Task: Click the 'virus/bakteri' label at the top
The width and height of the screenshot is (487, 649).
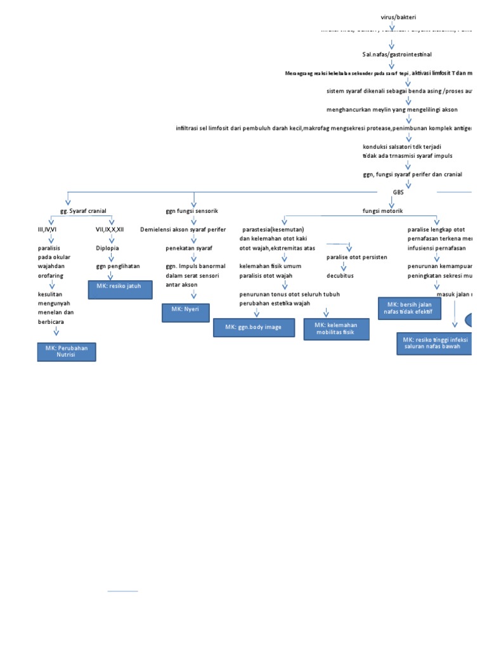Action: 398,17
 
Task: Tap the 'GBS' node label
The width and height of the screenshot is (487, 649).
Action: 398,191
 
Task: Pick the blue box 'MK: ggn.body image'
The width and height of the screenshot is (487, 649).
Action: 254,328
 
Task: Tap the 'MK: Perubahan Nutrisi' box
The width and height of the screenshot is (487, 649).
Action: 67,352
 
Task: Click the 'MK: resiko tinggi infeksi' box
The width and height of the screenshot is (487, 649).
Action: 435,344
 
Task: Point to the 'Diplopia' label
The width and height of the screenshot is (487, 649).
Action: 107,248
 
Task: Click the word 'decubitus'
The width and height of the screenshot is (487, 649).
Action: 340,276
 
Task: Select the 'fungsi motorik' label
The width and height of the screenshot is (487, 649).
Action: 382,210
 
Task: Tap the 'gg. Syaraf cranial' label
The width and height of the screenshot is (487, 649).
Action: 79,210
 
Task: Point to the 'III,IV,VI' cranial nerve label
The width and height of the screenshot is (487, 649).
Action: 48,229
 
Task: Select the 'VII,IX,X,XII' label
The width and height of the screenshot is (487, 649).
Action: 110,229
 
